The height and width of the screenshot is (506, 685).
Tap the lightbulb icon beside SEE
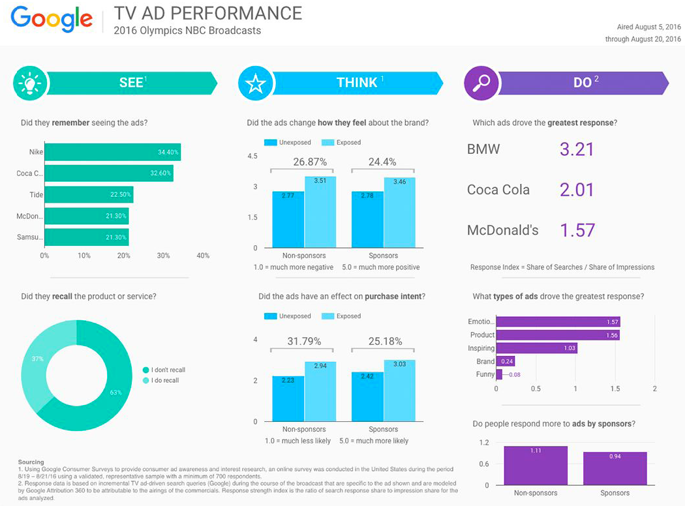pyautogui.click(x=30, y=83)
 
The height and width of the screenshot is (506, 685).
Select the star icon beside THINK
pyautogui.click(x=255, y=83)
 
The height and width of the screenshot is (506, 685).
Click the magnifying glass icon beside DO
pyautogui.click(x=481, y=83)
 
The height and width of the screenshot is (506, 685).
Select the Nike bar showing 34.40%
pyautogui.click(x=112, y=152)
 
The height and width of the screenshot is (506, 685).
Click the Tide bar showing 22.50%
pyautogui.click(x=88, y=194)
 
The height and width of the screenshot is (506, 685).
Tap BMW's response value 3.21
pyautogui.click(x=577, y=149)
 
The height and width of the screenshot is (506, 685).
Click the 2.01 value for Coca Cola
pyautogui.click(x=577, y=190)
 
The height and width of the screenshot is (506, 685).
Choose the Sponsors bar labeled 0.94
pyautogui.click(x=615, y=468)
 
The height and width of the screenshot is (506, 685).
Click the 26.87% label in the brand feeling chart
pyautogui.click(x=309, y=162)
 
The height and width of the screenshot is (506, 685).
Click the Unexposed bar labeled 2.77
pyautogui.click(x=288, y=219)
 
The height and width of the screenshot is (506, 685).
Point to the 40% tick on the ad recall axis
pyautogui.click(x=203, y=256)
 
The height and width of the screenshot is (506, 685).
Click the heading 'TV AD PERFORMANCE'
pyautogui.click(x=208, y=13)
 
